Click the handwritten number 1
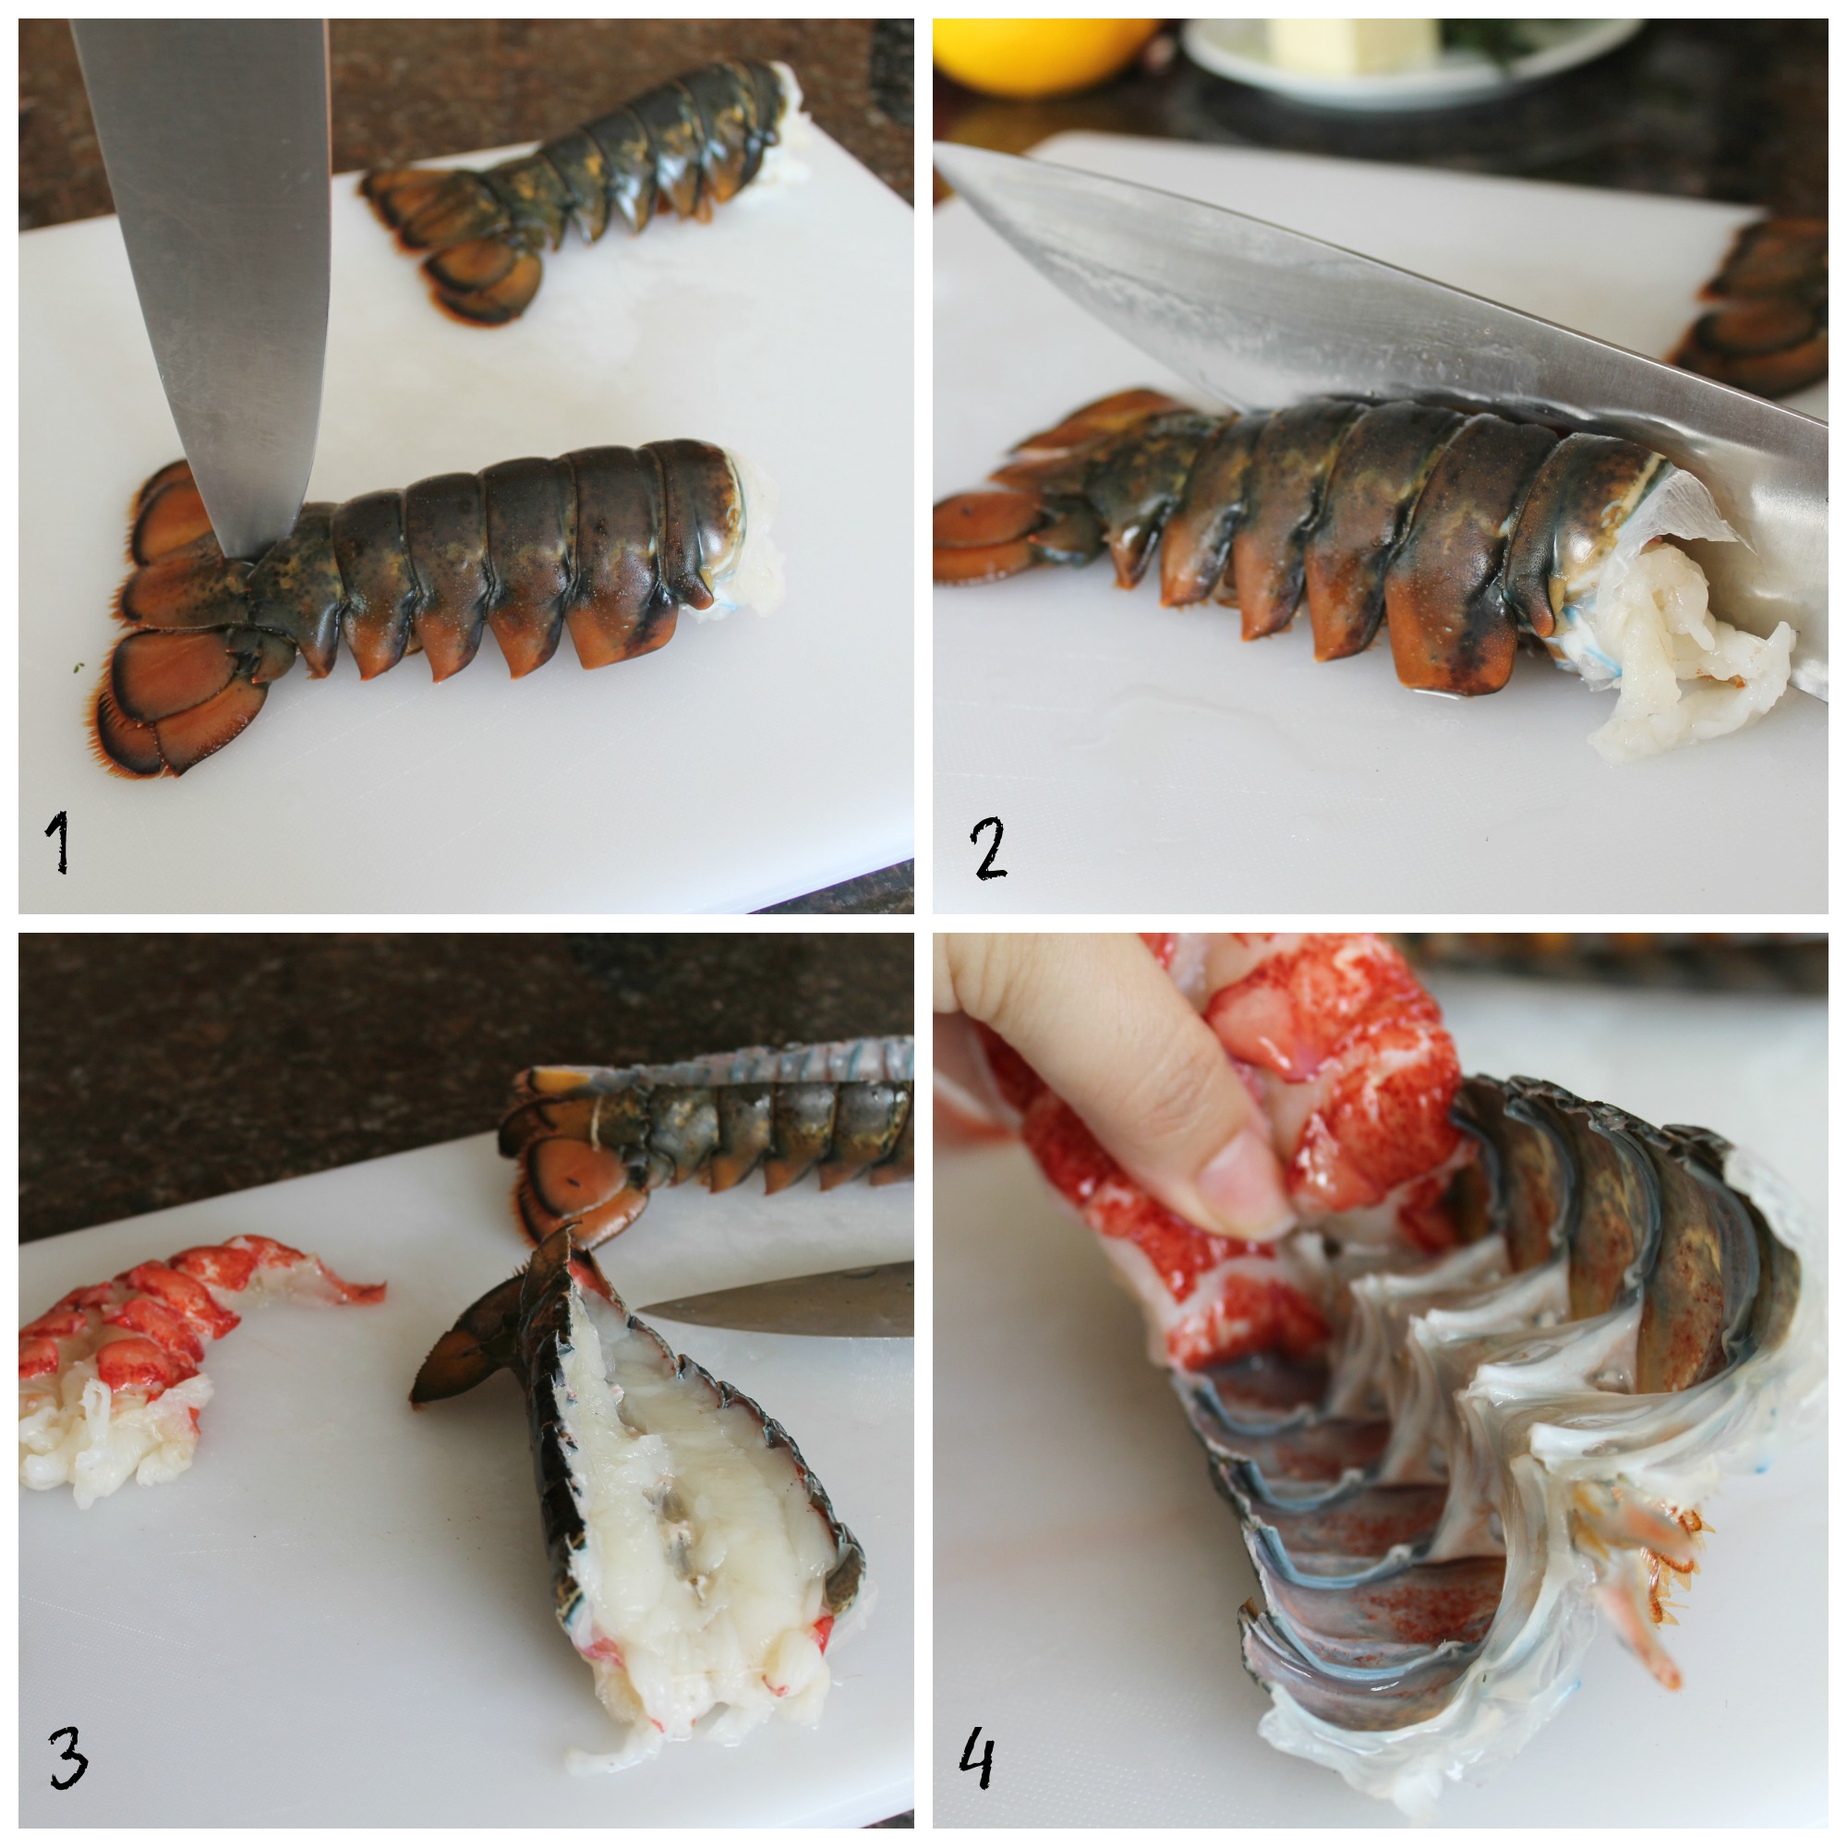pyautogui.click(x=58, y=841)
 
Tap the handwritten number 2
pyautogui.click(x=988, y=850)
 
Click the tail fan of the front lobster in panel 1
pyautogui.click(x=182, y=622)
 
